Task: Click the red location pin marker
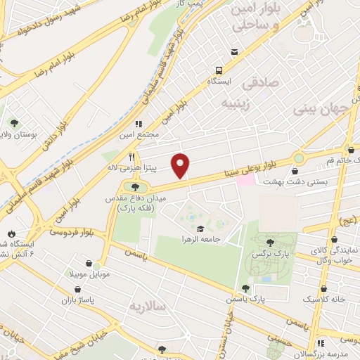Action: (181, 165)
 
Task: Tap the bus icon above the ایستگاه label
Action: (219, 70)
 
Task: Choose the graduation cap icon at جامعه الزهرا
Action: (201, 229)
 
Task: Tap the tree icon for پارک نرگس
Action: (270, 243)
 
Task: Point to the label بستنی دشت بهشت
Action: (287, 181)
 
